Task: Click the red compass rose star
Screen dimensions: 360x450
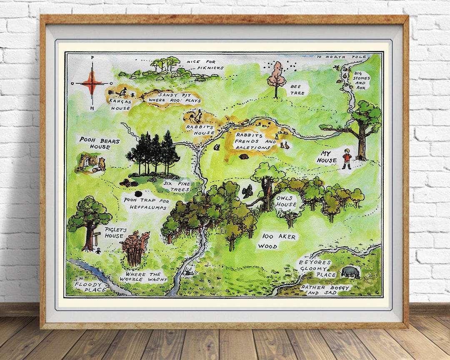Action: (x=92, y=82)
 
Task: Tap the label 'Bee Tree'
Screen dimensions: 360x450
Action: (x=297, y=89)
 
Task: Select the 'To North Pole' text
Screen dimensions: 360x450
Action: (x=341, y=57)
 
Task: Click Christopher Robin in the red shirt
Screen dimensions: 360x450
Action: (x=347, y=159)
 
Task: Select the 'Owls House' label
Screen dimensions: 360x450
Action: (x=286, y=201)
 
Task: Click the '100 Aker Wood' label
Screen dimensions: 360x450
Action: (x=278, y=241)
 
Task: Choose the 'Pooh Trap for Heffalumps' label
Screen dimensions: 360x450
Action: (x=146, y=204)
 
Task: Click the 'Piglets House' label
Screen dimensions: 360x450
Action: (x=114, y=232)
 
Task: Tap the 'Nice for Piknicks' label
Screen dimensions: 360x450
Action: (x=205, y=65)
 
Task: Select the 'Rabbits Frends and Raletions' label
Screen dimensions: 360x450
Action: (x=255, y=141)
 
